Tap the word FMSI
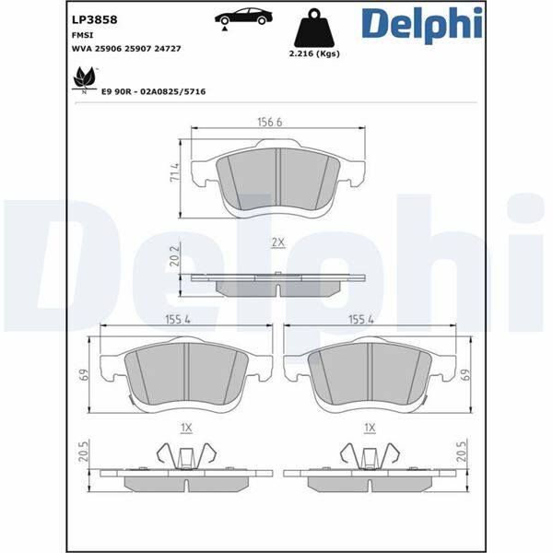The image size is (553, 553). [82, 32]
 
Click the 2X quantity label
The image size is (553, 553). [277, 242]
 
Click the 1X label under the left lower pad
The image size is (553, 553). [186, 427]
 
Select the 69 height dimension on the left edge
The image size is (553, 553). [82, 375]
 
